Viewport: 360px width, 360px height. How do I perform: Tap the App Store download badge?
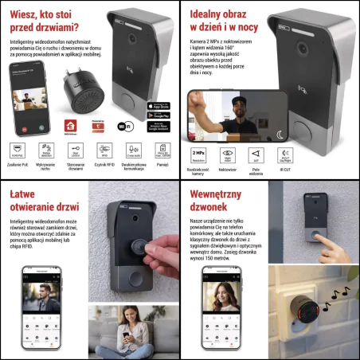coord(159,106)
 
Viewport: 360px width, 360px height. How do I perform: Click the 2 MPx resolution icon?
coord(199,153)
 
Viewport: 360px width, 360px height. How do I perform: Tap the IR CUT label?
coord(285,168)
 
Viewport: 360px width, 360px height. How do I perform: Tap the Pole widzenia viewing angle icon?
coord(256,153)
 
